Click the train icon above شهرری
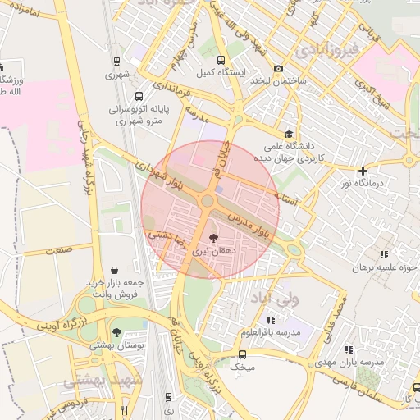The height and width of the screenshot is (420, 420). (x=117, y=62)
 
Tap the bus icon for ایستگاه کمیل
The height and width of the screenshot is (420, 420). (x=220, y=61)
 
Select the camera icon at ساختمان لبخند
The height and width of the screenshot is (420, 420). (x=279, y=69)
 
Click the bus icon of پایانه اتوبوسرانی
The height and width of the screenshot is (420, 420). (x=138, y=96)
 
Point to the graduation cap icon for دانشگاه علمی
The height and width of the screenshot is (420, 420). (x=287, y=134)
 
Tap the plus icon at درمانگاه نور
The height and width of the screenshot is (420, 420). (x=363, y=171)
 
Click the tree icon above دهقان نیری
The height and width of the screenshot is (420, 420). (x=213, y=239)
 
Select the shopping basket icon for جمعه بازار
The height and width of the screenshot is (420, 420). (x=113, y=270)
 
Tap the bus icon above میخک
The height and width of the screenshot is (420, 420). (x=241, y=354)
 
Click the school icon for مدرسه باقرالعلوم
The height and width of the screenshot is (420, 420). (x=284, y=319)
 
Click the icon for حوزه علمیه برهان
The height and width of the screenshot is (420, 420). (x=384, y=254)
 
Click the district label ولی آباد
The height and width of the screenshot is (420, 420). (x=276, y=298)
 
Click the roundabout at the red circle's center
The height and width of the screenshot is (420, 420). (x=208, y=201)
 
